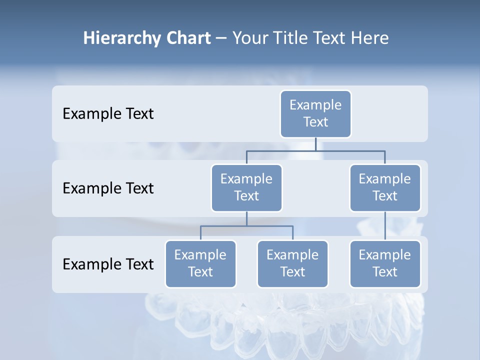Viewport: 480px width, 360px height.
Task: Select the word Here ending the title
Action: coord(369,38)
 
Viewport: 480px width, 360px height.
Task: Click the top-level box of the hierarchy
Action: coord(315,113)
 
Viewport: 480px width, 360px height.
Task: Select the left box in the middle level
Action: coord(246,187)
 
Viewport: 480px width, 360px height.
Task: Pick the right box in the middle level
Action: coord(384,187)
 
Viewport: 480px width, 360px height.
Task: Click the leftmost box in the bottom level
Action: coord(200,263)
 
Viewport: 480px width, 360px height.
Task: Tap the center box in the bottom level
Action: coord(292,263)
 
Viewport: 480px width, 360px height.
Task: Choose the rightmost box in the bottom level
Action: coord(384,263)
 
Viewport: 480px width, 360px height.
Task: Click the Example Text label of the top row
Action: coord(108,114)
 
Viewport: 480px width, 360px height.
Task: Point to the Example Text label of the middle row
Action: coord(108,188)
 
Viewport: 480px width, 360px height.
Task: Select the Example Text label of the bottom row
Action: coord(108,264)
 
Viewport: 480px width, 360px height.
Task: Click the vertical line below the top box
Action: coord(315,144)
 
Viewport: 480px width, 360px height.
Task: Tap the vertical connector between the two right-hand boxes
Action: coord(384,226)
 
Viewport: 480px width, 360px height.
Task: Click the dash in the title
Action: coord(221,38)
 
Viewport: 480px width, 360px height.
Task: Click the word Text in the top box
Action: coord(315,122)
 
